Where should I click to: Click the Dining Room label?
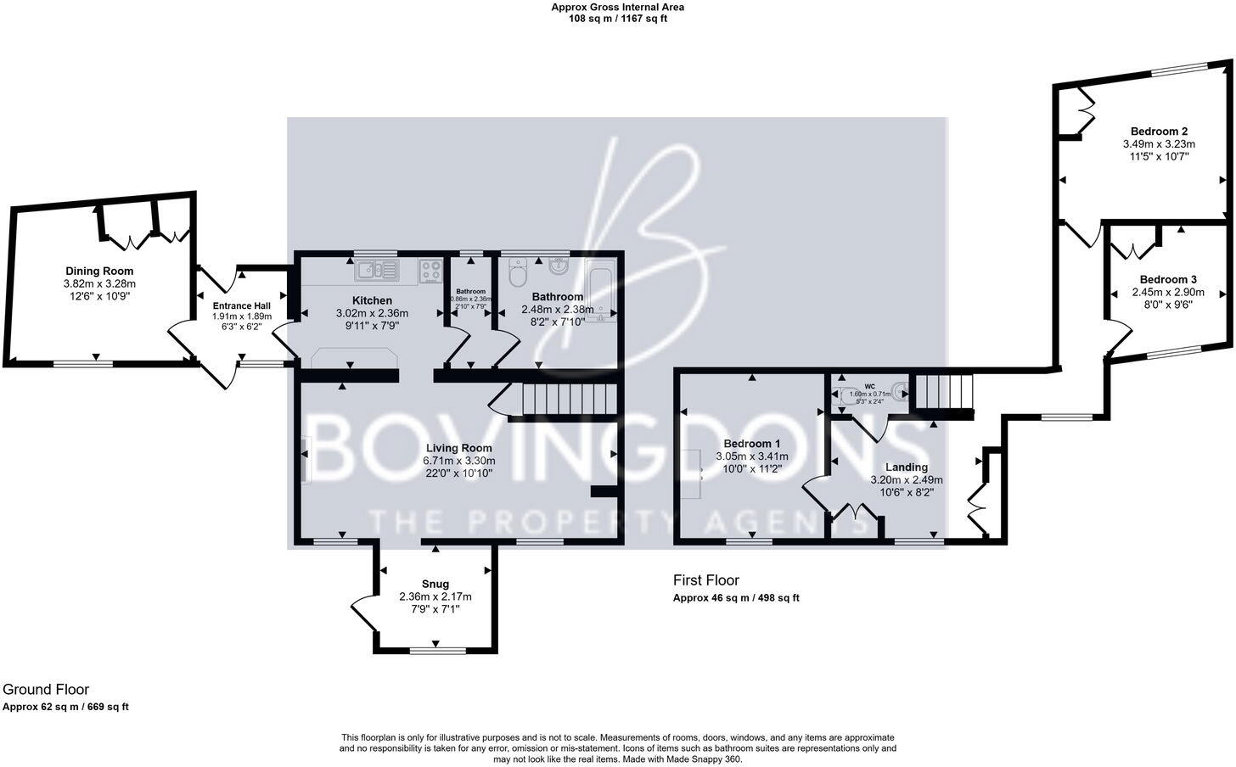pos(99,272)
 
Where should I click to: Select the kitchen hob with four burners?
pos(431,272)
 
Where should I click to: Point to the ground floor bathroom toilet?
pos(518,273)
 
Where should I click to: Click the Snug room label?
pos(435,584)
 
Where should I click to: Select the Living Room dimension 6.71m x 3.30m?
pos(458,461)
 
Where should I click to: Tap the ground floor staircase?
pos(566,399)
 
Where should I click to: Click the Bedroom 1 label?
pos(751,444)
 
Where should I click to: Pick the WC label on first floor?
pos(869,386)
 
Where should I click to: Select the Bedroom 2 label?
pos(1159,132)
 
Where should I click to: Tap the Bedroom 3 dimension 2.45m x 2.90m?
pos(1168,292)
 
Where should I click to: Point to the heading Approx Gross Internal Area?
pos(617,7)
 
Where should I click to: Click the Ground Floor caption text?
pos(46,690)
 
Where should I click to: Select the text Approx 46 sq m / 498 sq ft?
pos(736,597)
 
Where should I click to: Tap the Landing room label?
pos(907,467)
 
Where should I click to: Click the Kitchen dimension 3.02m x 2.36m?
pos(372,313)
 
